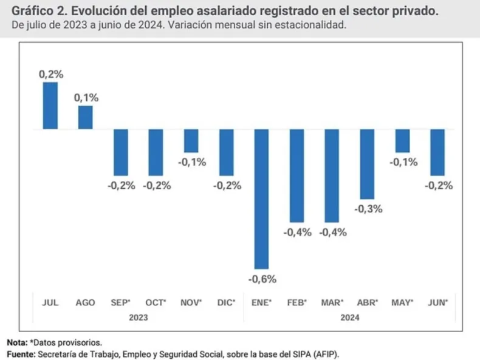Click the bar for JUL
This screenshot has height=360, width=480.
pos(50,106)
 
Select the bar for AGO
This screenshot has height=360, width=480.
pos(86,117)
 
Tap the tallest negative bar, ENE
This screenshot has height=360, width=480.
pos(262,199)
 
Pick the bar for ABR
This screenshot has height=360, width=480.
pos(367,164)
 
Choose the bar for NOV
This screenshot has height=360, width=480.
pos(191,141)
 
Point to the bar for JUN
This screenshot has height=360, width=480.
pos(437,152)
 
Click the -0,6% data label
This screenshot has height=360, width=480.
pos(262,279)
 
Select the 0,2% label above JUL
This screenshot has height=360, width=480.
pos(50,74)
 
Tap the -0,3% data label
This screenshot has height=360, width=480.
pos(367,209)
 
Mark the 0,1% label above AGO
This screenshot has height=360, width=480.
pos(86,98)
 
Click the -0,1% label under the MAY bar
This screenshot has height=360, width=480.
pos(402,162)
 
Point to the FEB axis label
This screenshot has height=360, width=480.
pos(297,302)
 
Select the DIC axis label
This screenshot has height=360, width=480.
pos(226,302)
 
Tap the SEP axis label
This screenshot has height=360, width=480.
pos(121,302)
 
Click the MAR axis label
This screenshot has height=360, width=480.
pos(332,302)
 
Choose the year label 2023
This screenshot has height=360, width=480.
pos(138,317)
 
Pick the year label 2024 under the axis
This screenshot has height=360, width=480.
pos(349,317)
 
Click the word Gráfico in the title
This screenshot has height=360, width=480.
pos(29,12)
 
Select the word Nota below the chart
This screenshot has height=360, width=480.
pos(16,342)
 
